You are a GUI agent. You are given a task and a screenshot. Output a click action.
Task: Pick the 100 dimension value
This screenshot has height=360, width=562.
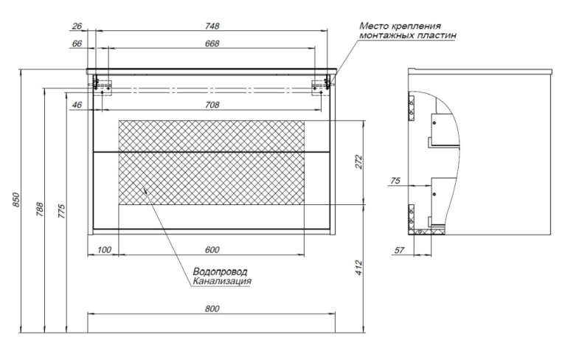(103, 250)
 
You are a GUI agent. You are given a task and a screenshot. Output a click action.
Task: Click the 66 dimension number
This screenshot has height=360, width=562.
(77, 44)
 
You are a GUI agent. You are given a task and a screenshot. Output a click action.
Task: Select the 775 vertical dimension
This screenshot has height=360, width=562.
(62, 209)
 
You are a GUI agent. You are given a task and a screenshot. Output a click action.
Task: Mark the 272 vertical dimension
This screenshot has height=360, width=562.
(358, 162)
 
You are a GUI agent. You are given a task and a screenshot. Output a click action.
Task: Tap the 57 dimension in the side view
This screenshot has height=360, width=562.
(399, 250)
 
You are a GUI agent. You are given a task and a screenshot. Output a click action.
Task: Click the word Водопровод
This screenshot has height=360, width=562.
(215, 271)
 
